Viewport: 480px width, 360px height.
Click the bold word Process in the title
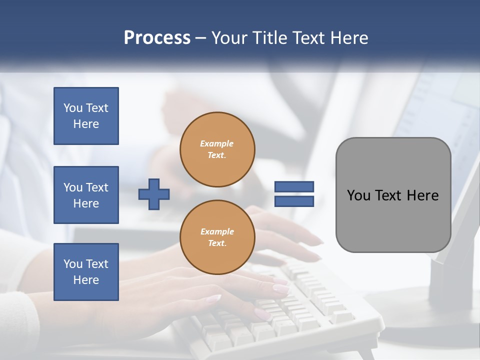[157, 38]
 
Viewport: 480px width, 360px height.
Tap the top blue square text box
[86, 116]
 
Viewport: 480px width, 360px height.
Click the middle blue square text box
[86, 195]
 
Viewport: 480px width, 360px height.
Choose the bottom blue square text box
[86, 272]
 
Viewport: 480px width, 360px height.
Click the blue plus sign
[154, 194]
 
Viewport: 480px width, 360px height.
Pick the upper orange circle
[217, 149]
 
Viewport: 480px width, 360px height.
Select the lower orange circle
[217, 237]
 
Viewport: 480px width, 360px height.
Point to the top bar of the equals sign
[294, 187]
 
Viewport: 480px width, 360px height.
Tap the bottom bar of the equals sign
[294, 201]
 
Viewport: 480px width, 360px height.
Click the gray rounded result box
[393, 195]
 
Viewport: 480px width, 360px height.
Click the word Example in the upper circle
[217, 143]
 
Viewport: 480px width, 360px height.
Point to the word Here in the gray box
[422, 195]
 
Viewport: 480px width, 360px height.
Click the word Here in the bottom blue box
[86, 280]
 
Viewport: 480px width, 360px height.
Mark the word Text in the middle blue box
[97, 187]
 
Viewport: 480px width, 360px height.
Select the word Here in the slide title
[348, 38]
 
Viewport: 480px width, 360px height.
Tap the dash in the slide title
[201, 38]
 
